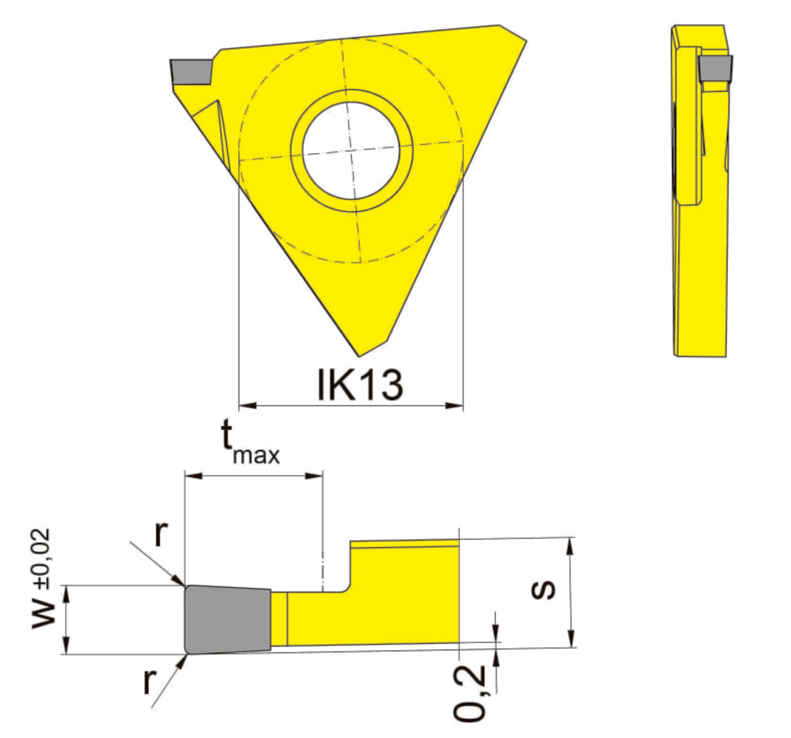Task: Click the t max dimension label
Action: coord(250,442)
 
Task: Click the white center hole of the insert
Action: coord(352,151)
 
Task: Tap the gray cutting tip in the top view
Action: coord(191,72)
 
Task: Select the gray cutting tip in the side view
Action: coord(715,68)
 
